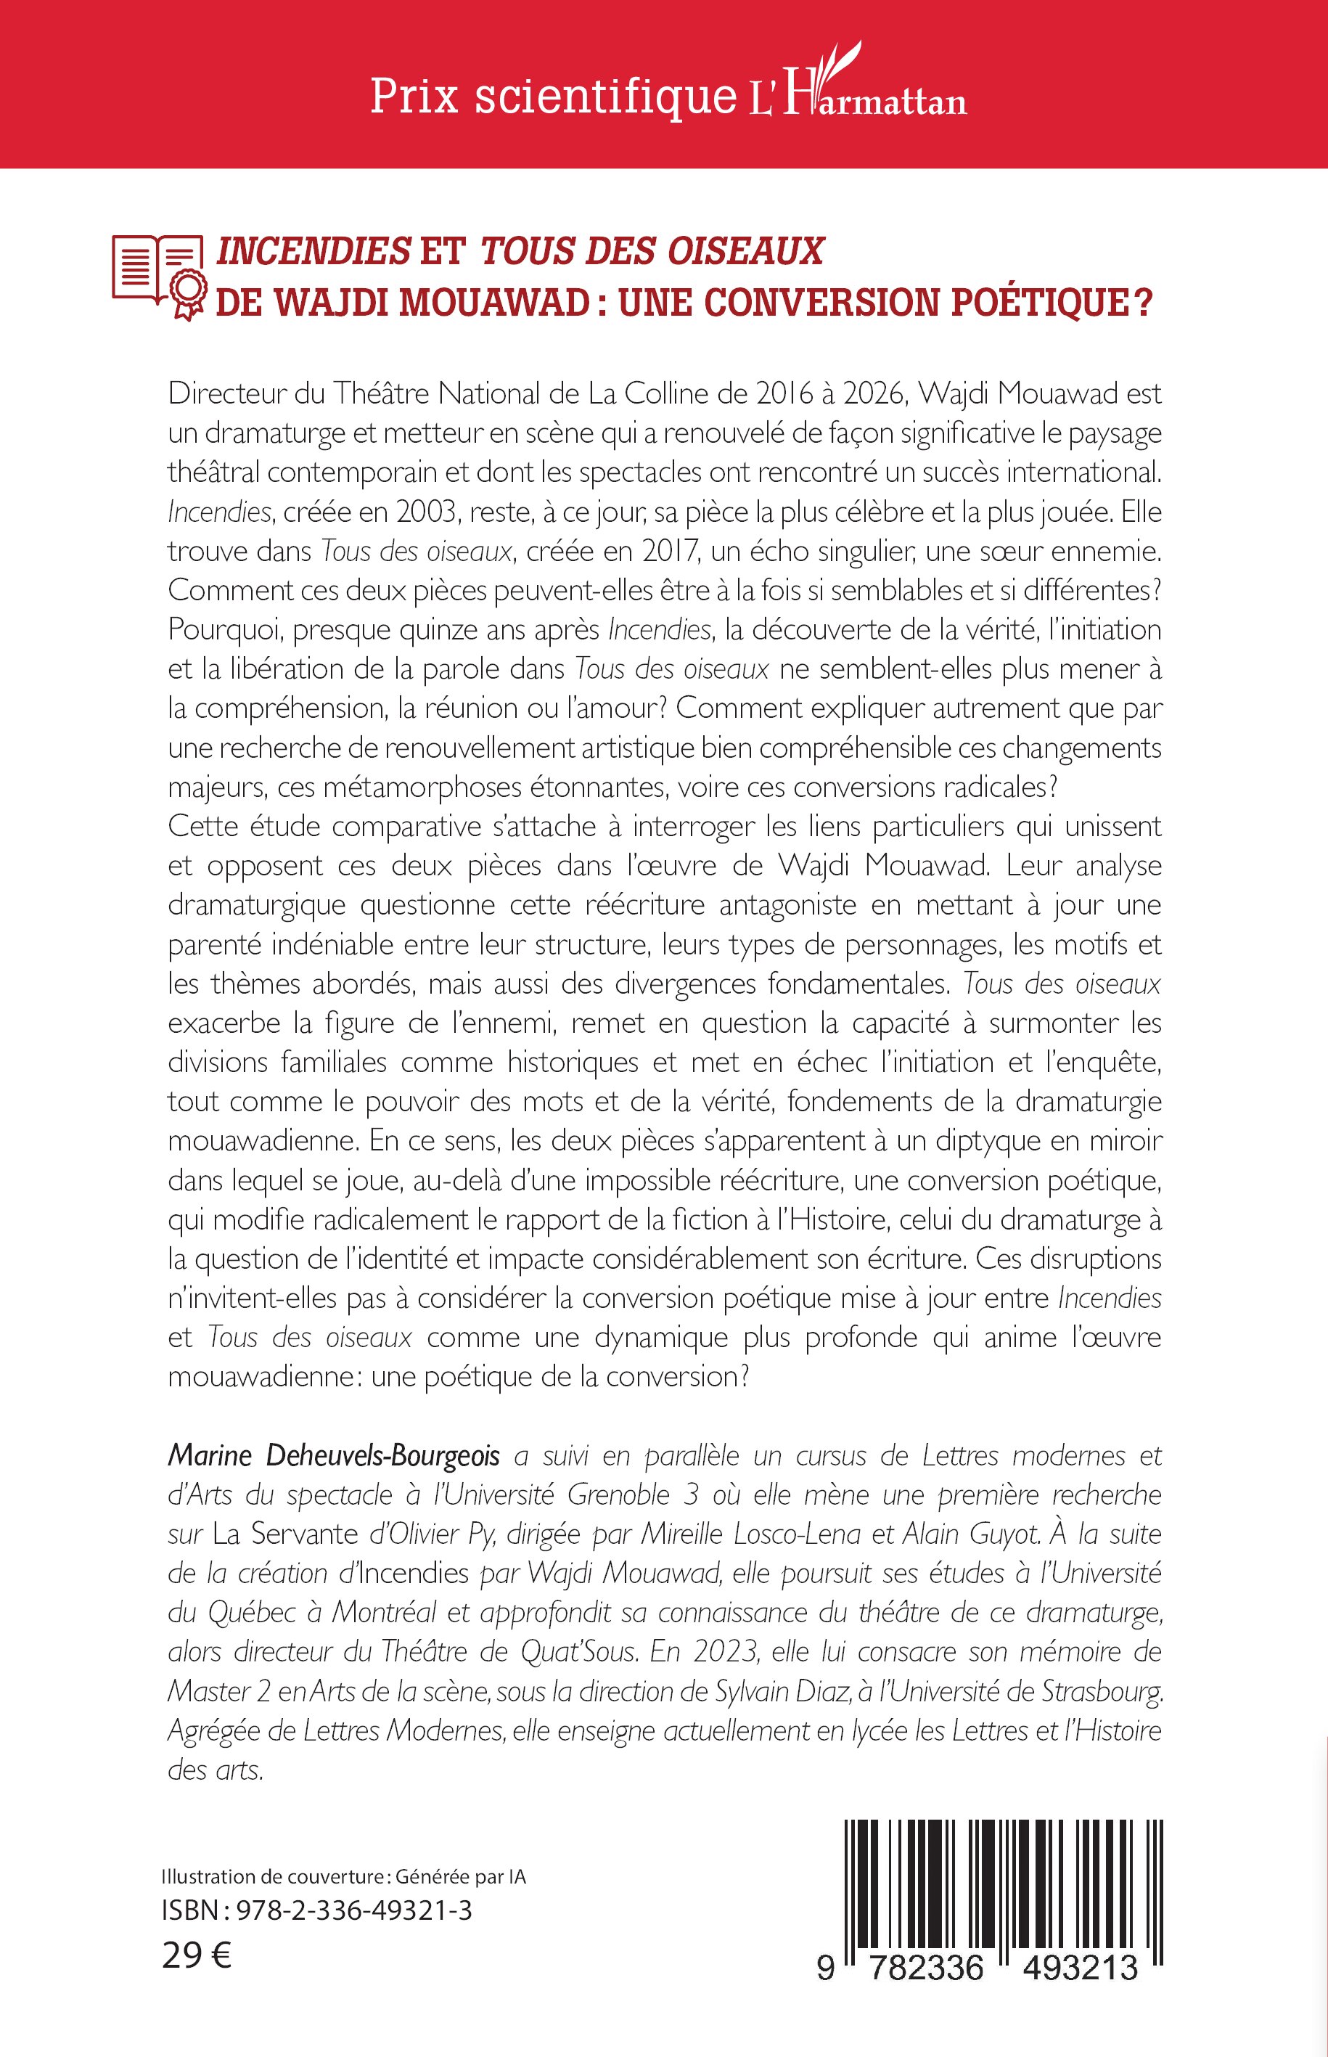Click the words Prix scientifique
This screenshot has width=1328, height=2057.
(x=553, y=97)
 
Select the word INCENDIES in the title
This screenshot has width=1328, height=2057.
(x=313, y=251)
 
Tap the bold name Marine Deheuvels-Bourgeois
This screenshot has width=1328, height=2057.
(x=334, y=1456)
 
